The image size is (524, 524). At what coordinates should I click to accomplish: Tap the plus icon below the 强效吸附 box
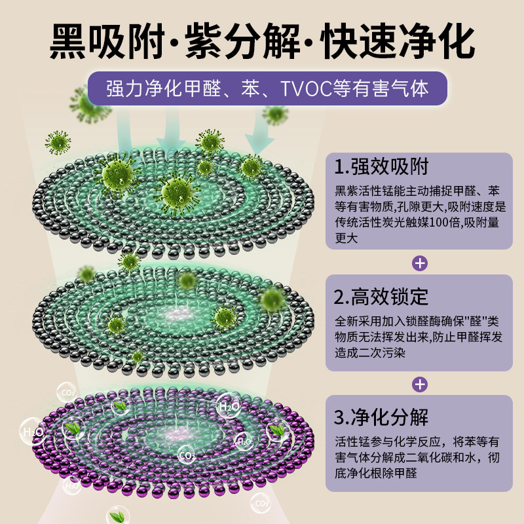(420, 263)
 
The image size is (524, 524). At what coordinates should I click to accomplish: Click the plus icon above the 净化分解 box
(420, 384)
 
